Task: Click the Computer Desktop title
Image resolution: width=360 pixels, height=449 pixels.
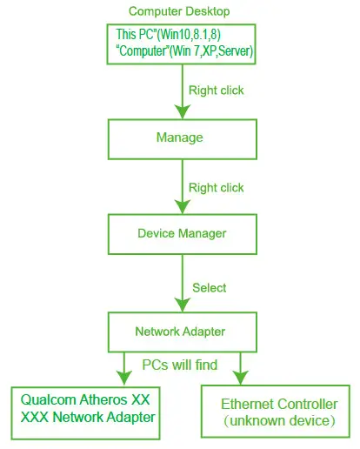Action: click(179, 11)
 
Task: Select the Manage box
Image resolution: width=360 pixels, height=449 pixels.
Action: click(183, 139)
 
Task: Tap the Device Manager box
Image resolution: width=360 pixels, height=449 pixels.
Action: click(183, 234)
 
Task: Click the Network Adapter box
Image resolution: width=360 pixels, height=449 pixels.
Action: click(183, 332)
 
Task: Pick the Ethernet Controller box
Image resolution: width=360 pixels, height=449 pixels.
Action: click(276, 412)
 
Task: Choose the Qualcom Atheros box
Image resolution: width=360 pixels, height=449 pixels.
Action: click(85, 413)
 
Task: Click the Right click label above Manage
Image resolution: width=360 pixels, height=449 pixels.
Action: click(217, 90)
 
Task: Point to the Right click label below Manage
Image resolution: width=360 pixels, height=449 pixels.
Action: click(217, 188)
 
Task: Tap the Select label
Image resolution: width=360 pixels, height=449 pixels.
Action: click(210, 288)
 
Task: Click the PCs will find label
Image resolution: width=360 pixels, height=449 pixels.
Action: click(180, 365)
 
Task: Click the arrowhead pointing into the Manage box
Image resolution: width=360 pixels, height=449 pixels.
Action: click(183, 111)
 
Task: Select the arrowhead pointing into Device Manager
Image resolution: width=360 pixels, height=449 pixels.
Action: click(183, 207)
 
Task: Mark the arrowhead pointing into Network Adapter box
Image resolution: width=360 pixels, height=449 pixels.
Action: click(183, 305)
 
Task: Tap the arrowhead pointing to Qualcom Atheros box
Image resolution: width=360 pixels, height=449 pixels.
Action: click(124, 379)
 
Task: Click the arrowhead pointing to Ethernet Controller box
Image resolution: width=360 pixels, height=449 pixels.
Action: click(241, 378)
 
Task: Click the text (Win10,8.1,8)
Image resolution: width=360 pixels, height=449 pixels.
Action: click(189, 34)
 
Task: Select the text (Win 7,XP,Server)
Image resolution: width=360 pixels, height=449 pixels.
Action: click(211, 51)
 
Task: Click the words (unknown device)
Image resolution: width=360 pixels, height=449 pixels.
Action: click(279, 421)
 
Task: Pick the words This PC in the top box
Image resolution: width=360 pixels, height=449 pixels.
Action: click(134, 34)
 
